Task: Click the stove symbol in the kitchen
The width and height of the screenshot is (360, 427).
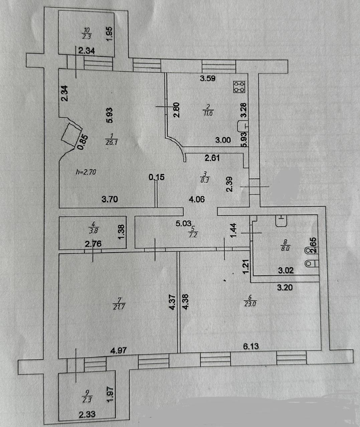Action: [x=239, y=87]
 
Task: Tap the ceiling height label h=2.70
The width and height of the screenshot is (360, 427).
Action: [x=86, y=172]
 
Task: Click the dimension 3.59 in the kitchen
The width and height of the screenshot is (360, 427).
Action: [x=208, y=79]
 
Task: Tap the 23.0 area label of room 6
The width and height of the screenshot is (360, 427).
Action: [x=250, y=304]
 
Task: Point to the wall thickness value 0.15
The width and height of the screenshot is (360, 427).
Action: [x=156, y=177]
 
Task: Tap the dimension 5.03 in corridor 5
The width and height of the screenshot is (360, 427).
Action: [x=183, y=223]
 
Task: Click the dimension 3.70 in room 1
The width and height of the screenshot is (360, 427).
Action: [x=110, y=199]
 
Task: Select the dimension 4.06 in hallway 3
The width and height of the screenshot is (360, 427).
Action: [x=197, y=199]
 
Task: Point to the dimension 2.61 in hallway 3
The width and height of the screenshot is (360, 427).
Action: [x=212, y=157]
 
